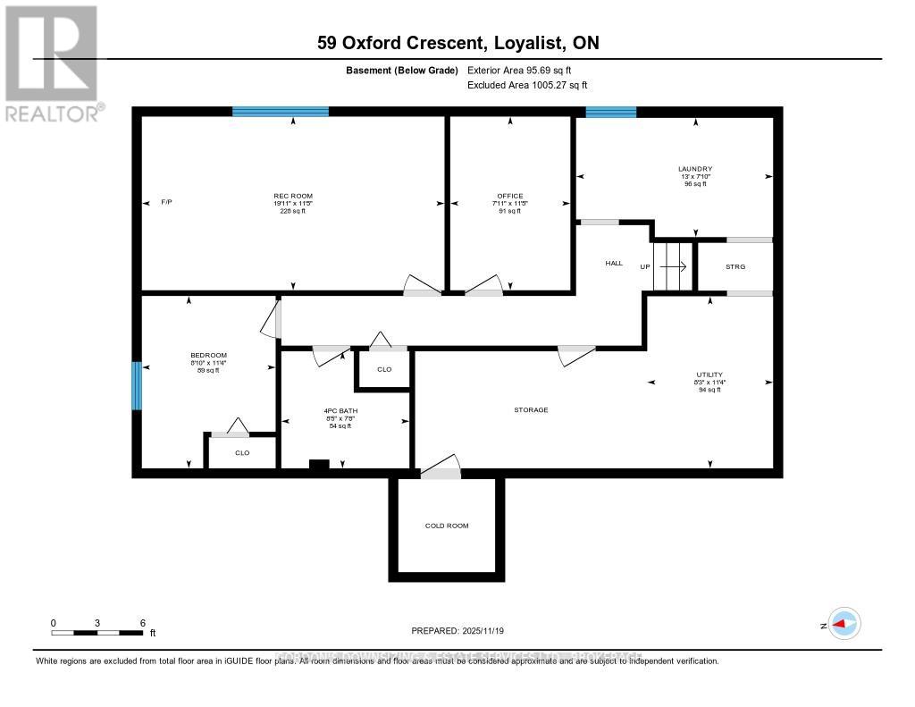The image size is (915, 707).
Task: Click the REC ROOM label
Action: pos(293,196)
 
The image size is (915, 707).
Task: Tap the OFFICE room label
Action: pos(510,196)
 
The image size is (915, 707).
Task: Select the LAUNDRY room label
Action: pos(694,168)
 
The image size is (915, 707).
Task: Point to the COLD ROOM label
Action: pos(446,526)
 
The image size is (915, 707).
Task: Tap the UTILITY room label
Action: pos(710,375)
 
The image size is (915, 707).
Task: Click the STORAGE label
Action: pos(531,410)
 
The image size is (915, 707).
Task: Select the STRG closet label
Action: pos(735,267)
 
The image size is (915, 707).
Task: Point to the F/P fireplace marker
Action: pos(166,202)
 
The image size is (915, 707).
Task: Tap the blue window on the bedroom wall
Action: pos(137,385)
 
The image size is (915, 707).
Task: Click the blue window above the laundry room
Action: pos(610,112)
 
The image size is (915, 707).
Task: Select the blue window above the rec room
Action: pos(280,112)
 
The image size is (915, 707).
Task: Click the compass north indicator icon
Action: pos(844,624)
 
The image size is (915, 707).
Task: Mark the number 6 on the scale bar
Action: pos(142,622)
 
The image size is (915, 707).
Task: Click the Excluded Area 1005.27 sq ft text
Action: pos(527,85)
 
